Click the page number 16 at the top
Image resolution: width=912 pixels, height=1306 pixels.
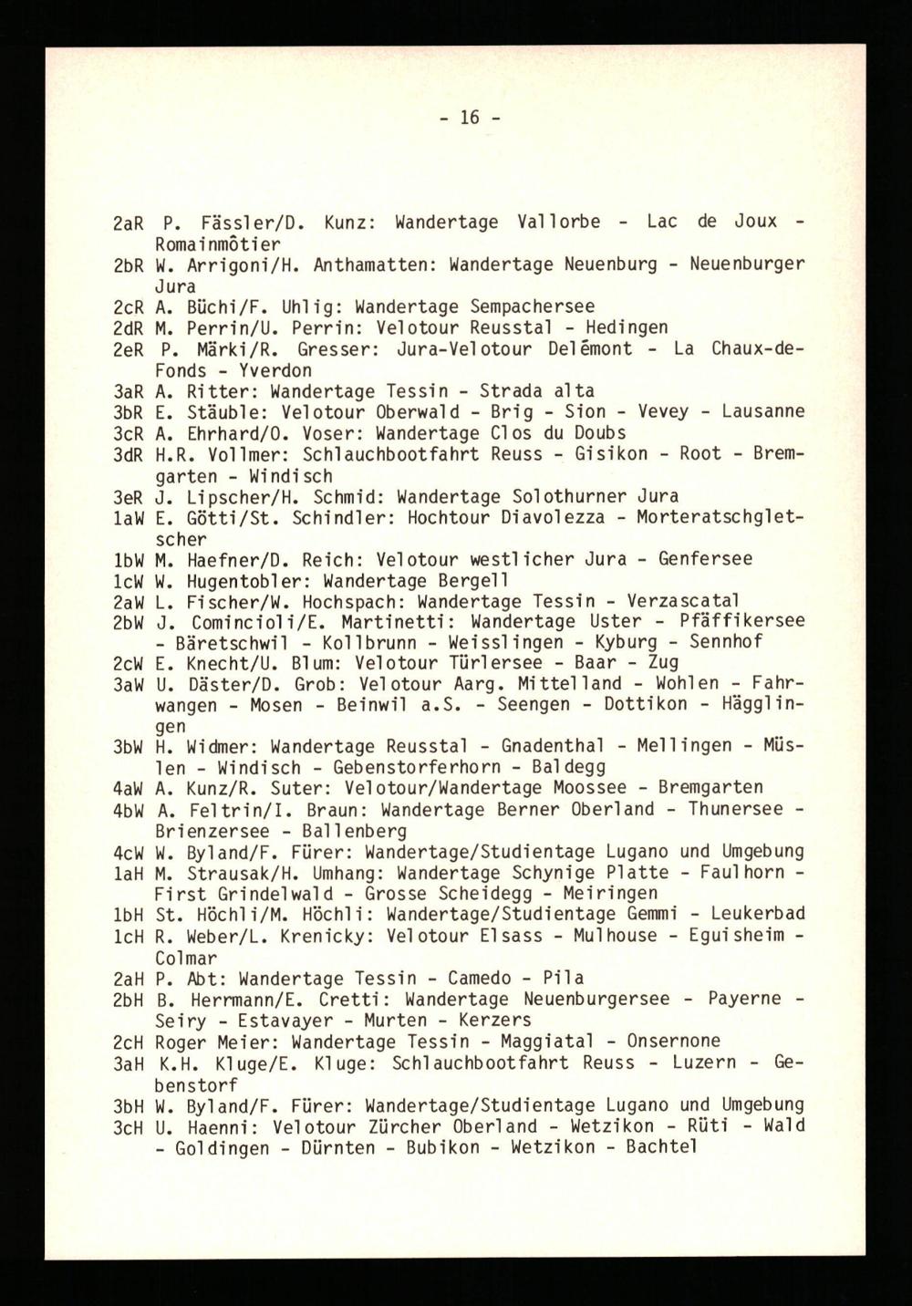click(470, 118)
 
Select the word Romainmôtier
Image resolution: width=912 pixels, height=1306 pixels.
click(218, 244)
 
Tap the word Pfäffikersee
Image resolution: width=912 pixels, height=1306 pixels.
click(741, 621)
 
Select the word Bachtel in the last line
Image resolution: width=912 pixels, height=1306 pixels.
click(661, 1146)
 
